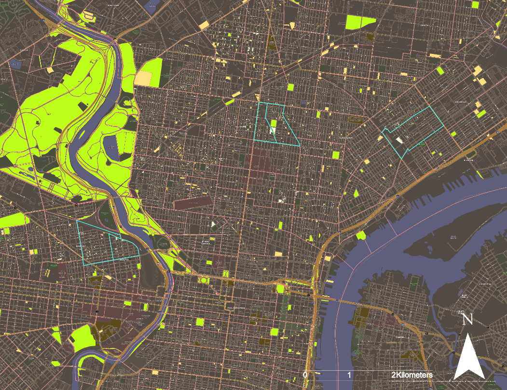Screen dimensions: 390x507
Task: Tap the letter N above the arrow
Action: coord(467,320)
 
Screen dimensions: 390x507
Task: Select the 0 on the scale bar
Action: coord(305,375)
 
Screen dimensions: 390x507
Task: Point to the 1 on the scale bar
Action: coord(349,375)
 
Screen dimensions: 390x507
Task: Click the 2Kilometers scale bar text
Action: coord(411,375)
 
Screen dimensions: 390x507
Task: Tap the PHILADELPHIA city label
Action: coord(235,308)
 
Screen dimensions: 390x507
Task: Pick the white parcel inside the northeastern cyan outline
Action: coord(400,140)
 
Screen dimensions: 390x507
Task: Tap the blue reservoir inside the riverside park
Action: coord(110,147)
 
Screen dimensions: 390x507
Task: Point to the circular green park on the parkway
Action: coord(203,280)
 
